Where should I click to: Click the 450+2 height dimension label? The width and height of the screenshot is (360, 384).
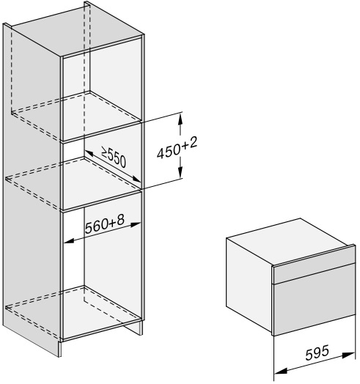(177, 148)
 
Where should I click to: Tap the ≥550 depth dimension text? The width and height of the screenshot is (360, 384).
(114, 158)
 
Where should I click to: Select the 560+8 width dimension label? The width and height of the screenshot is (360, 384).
(105, 224)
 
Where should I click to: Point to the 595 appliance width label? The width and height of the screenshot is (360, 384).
(317, 352)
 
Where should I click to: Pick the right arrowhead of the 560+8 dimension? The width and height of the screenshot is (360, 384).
(136, 224)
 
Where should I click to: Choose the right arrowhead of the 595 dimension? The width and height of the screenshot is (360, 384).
(348, 355)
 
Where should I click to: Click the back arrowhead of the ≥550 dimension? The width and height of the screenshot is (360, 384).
(89, 153)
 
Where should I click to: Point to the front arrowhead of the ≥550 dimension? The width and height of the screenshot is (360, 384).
(136, 179)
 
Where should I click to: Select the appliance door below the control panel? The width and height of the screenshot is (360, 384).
(315, 309)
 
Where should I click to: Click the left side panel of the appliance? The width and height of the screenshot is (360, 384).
(249, 284)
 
